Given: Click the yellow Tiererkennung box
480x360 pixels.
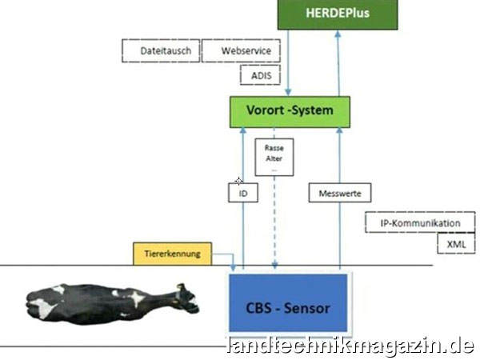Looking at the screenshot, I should [x=172, y=254].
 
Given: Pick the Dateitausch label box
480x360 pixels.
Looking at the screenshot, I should [x=160, y=52].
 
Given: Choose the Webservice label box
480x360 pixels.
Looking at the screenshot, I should [x=241, y=52].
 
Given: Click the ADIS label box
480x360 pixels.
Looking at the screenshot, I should [x=261, y=75].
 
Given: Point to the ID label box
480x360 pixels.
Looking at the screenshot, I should [x=243, y=192].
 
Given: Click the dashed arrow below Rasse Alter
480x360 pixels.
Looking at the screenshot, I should [x=274, y=224].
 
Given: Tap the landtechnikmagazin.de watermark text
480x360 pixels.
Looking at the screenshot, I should [x=350, y=346].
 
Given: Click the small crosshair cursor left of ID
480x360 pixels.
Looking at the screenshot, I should [x=238, y=182].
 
